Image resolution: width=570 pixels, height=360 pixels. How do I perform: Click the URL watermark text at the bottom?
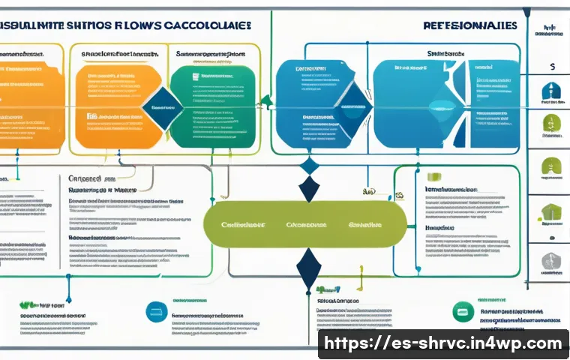(x=442, y=343)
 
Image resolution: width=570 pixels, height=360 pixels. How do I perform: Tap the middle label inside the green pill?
(x=306, y=224)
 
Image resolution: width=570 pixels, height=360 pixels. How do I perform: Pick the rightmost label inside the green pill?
(x=365, y=224)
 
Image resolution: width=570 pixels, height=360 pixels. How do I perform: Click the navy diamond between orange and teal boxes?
(x=162, y=106)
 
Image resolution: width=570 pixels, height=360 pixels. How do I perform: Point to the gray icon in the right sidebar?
(x=551, y=262)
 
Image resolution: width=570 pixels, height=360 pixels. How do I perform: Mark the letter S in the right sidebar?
(x=552, y=67)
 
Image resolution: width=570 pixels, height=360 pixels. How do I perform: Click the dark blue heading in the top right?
(x=469, y=25)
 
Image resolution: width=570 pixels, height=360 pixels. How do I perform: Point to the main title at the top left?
(x=124, y=25)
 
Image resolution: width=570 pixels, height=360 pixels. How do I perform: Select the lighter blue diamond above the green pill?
(x=309, y=166)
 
